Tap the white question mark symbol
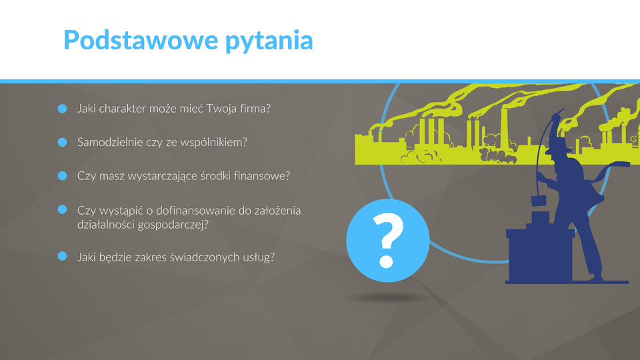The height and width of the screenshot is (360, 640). [388, 241]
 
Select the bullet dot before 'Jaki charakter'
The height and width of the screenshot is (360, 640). [63, 109]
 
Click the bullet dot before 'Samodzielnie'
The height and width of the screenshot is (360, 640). [63, 142]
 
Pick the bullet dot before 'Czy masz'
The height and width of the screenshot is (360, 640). [63, 175]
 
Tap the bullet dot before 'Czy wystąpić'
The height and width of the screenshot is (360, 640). [63, 209]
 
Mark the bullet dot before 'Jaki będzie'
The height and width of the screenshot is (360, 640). [63, 256]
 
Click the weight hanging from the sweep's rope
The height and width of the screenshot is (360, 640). [539, 201]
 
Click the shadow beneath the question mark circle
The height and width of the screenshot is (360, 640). [386, 298]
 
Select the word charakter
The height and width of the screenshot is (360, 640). [123, 109]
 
